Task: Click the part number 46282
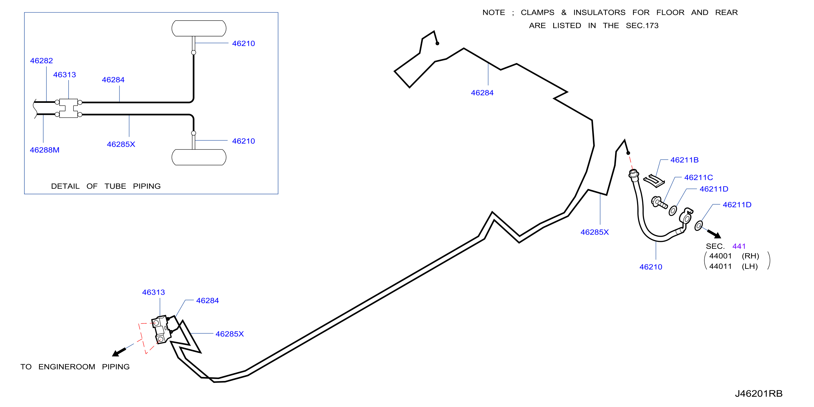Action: pyautogui.click(x=41, y=61)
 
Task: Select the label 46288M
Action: pyautogui.click(x=44, y=150)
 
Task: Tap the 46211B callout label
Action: pyautogui.click(x=685, y=160)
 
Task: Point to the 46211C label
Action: pyautogui.click(x=699, y=178)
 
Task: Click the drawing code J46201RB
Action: pyautogui.click(x=759, y=394)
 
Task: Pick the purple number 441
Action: pyautogui.click(x=739, y=246)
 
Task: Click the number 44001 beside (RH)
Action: pyautogui.click(x=720, y=256)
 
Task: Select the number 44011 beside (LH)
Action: pyautogui.click(x=720, y=266)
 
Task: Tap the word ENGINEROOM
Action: pyautogui.click(x=67, y=367)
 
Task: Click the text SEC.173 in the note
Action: pyautogui.click(x=642, y=26)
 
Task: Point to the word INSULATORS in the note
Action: pyautogui.click(x=600, y=12)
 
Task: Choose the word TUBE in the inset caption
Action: pyautogui.click(x=115, y=186)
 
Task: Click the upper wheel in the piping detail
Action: pyautogui.click(x=199, y=29)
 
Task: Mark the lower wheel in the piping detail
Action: pyautogui.click(x=199, y=157)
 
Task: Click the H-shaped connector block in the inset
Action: pyautogui.click(x=69, y=108)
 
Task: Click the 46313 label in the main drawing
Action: pyautogui.click(x=154, y=292)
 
